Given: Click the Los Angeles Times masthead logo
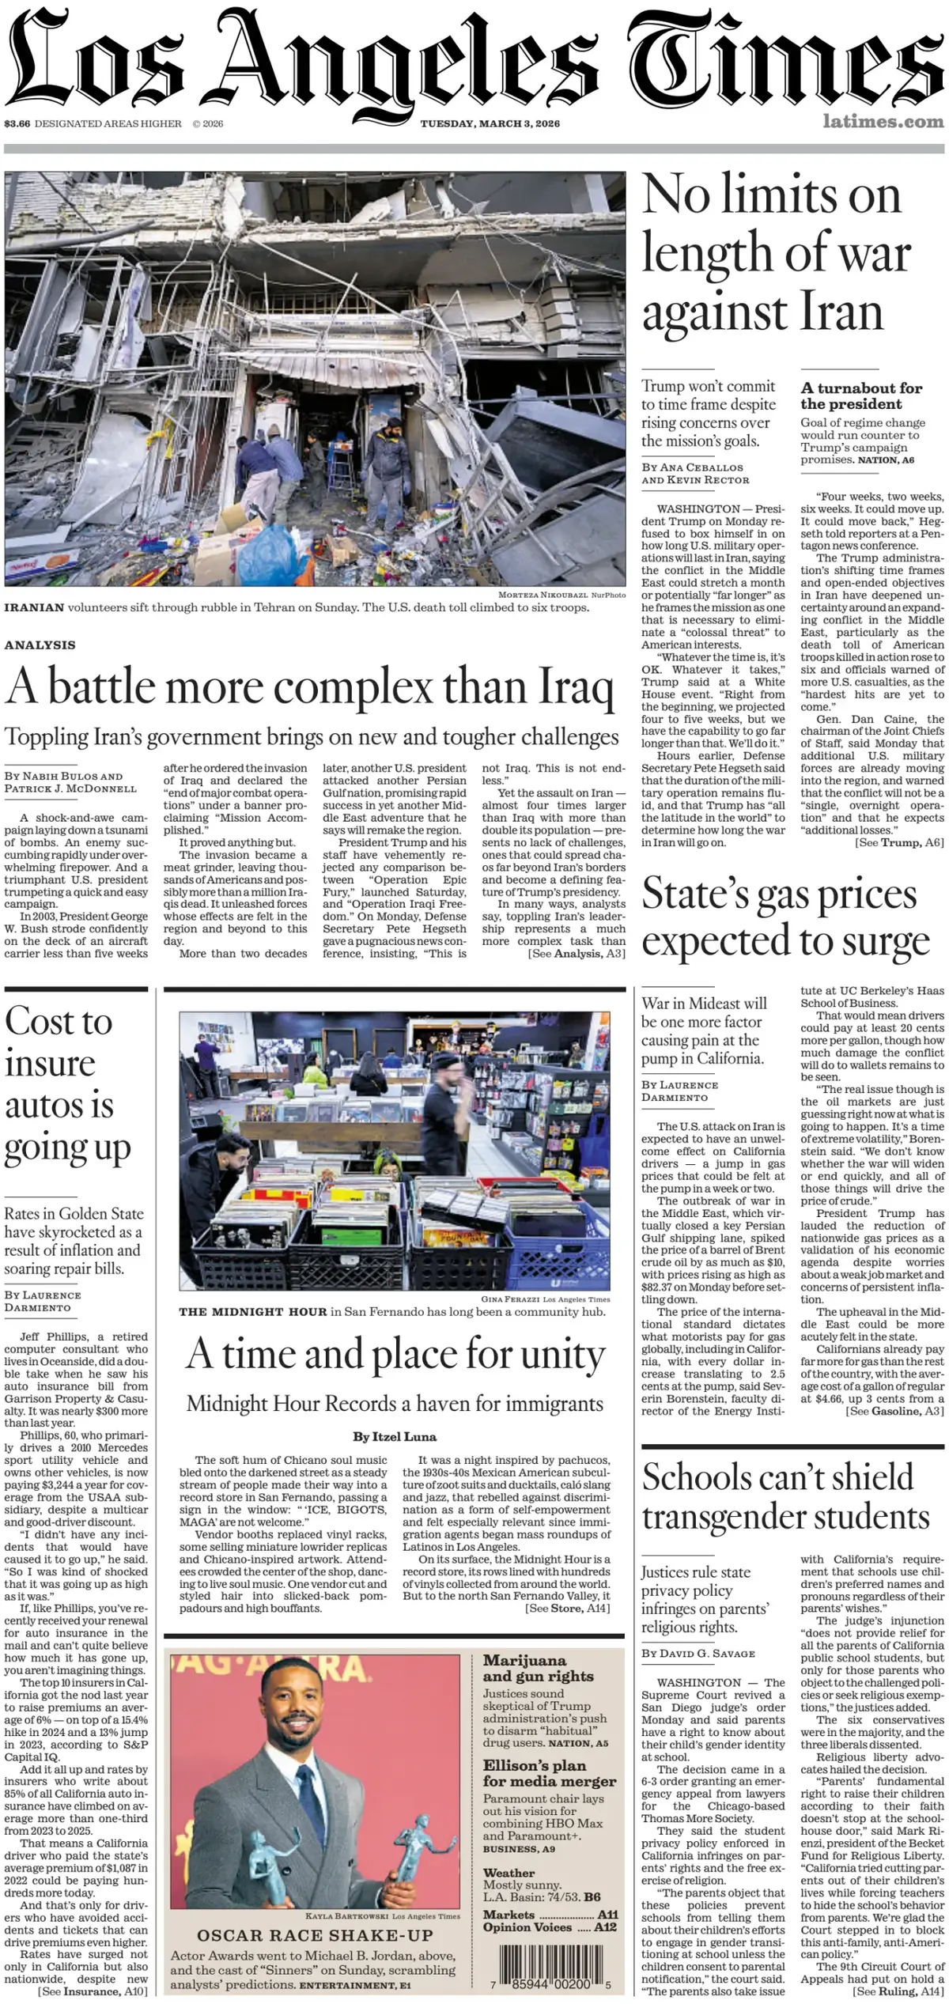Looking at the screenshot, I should click(x=475, y=59).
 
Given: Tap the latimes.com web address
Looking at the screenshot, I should click(x=883, y=122).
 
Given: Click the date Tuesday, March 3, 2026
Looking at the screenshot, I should click(x=490, y=123).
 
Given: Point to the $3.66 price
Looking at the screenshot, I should click(x=17, y=123).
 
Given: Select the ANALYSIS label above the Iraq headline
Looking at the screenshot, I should click(x=40, y=645).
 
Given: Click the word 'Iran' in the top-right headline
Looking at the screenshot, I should click(x=841, y=312).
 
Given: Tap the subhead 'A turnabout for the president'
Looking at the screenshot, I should click(x=861, y=395).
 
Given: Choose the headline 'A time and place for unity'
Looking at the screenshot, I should click(x=395, y=1355).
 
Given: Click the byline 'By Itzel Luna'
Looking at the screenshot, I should click(x=395, y=1437).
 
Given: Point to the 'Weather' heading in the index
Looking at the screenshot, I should click(x=509, y=1873).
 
